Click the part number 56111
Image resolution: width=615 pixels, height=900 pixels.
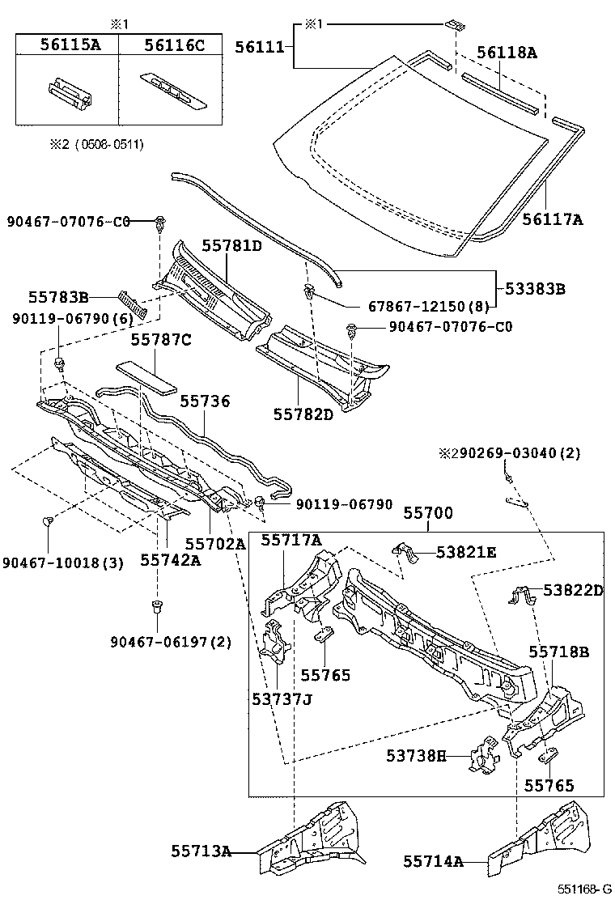click(x=259, y=47)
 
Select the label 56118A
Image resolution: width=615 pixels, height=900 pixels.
click(x=507, y=53)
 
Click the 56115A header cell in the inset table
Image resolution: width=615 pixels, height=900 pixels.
click(x=70, y=45)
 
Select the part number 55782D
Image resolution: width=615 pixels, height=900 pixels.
click(x=301, y=414)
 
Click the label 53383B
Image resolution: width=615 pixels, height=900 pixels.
click(x=535, y=287)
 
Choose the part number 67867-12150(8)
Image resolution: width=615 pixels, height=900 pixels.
click(x=418, y=307)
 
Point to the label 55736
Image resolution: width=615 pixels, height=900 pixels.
click(x=205, y=401)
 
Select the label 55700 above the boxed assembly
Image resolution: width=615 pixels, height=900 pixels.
click(x=428, y=513)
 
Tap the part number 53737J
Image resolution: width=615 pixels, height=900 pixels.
click(x=281, y=698)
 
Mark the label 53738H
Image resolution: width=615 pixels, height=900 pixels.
click(x=416, y=756)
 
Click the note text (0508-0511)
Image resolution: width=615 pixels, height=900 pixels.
click(x=107, y=145)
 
